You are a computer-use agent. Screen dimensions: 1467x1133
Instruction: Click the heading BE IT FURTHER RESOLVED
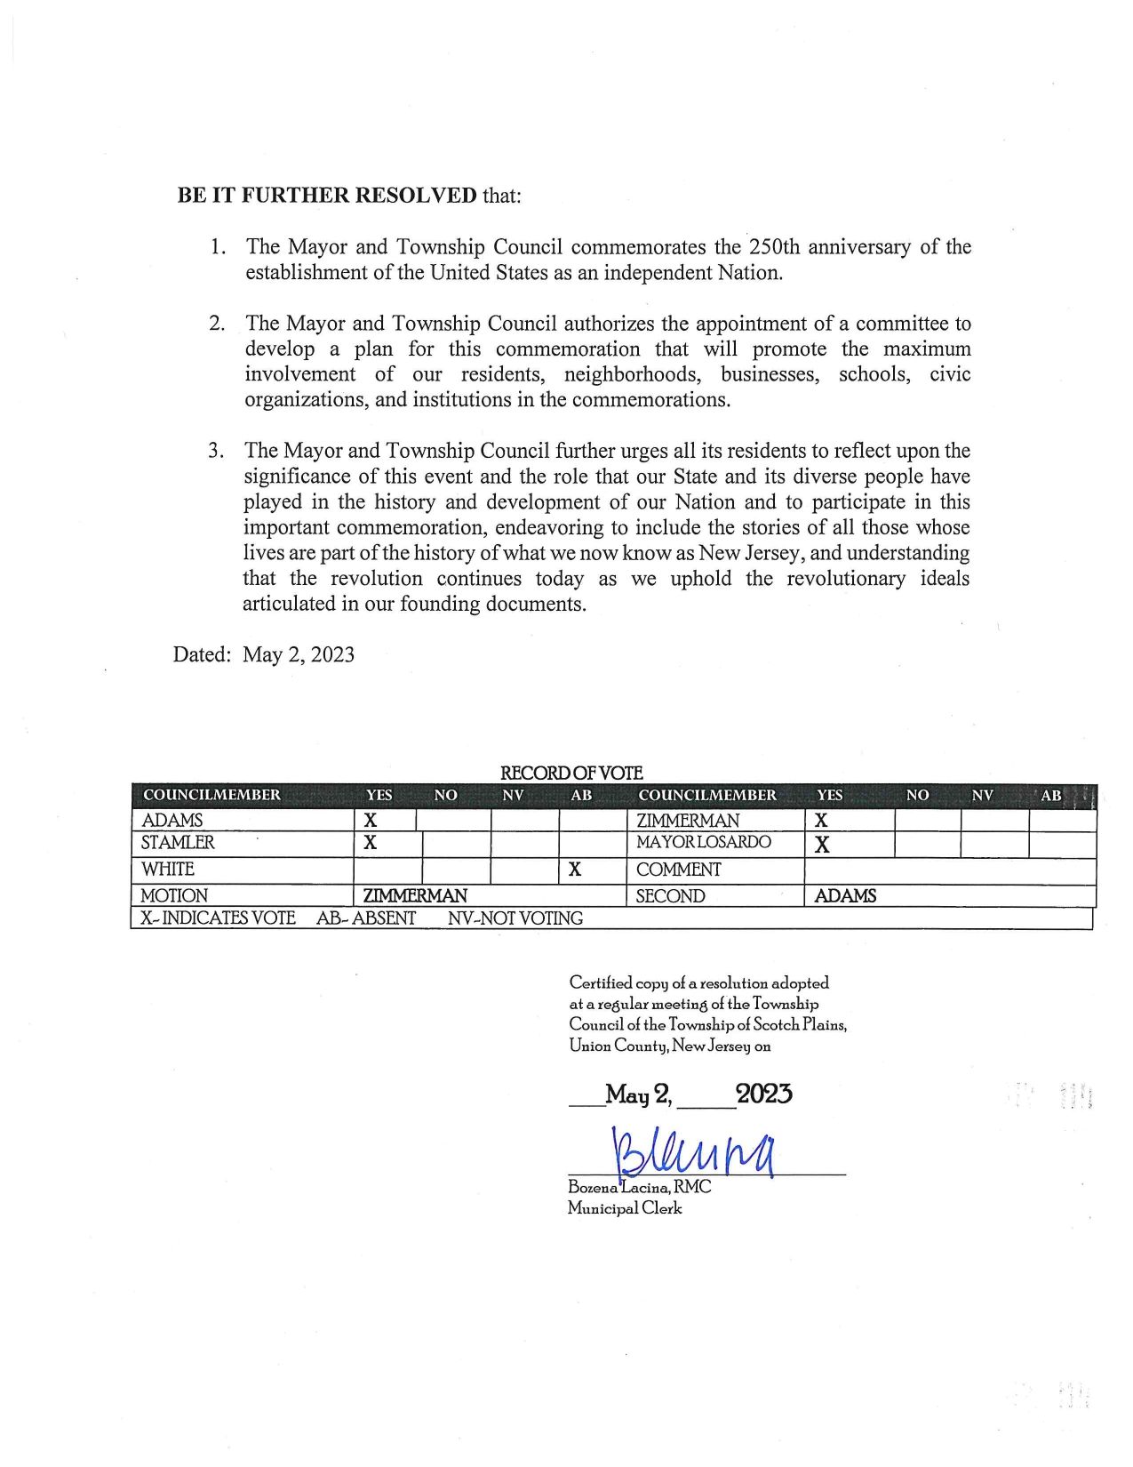(327, 196)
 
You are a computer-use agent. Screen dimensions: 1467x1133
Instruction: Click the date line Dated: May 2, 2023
(264, 655)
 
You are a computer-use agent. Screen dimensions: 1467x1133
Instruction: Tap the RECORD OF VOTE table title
(571, 774)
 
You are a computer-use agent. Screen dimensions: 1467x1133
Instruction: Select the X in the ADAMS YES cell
(371, 822)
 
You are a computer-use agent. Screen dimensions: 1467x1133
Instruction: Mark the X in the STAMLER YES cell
(371, 843)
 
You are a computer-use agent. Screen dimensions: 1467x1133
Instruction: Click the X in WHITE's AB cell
(575, 870)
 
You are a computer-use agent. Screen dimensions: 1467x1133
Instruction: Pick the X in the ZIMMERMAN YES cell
(822, 821)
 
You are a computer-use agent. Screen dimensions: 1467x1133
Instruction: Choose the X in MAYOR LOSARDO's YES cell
(822, 845)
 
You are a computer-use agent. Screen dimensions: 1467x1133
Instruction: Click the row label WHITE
(168, 870)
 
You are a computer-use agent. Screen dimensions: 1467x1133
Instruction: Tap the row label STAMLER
(178, 843)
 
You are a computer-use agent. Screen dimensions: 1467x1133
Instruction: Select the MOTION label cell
(174, 896)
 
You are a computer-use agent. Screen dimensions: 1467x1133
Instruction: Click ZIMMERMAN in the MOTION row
(415, 896)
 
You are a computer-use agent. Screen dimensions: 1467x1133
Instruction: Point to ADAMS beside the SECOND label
(845, 896)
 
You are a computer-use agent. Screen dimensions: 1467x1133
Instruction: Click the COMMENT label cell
(679, 870)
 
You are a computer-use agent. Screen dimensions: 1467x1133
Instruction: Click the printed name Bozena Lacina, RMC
(640, 1188)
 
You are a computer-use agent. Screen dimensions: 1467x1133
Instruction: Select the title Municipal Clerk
(625, 1208)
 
